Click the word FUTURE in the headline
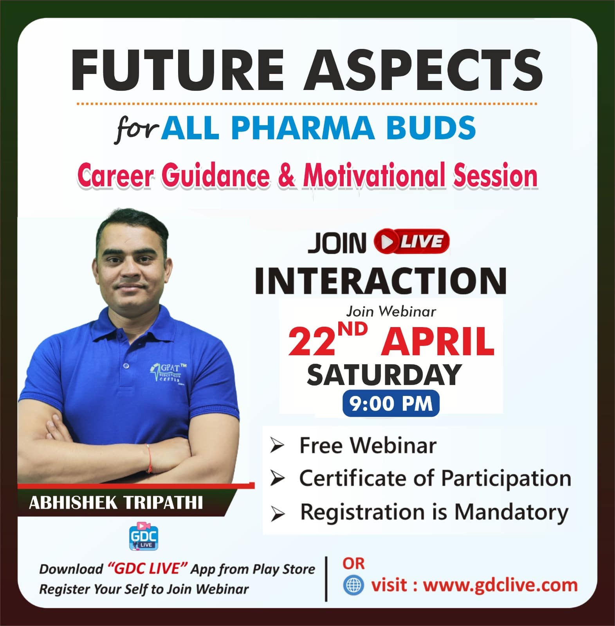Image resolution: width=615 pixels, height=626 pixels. pyautogui.click(x=177, y=70)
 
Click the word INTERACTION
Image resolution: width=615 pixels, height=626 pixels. pyautogui.click(x=381, y=281)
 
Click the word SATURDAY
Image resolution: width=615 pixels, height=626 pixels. pyautogui.click(x=384, y=374)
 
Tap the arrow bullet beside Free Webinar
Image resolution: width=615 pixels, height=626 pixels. pyautogui.click(x=277, y=446)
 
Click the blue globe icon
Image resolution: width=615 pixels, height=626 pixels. pyautogui.click(x=353, y=585)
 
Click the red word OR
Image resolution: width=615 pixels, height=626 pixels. pyautogui.click(x=353, y=563)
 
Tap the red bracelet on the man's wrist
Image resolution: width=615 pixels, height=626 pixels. pyautogui.click(x=150, y=453)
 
